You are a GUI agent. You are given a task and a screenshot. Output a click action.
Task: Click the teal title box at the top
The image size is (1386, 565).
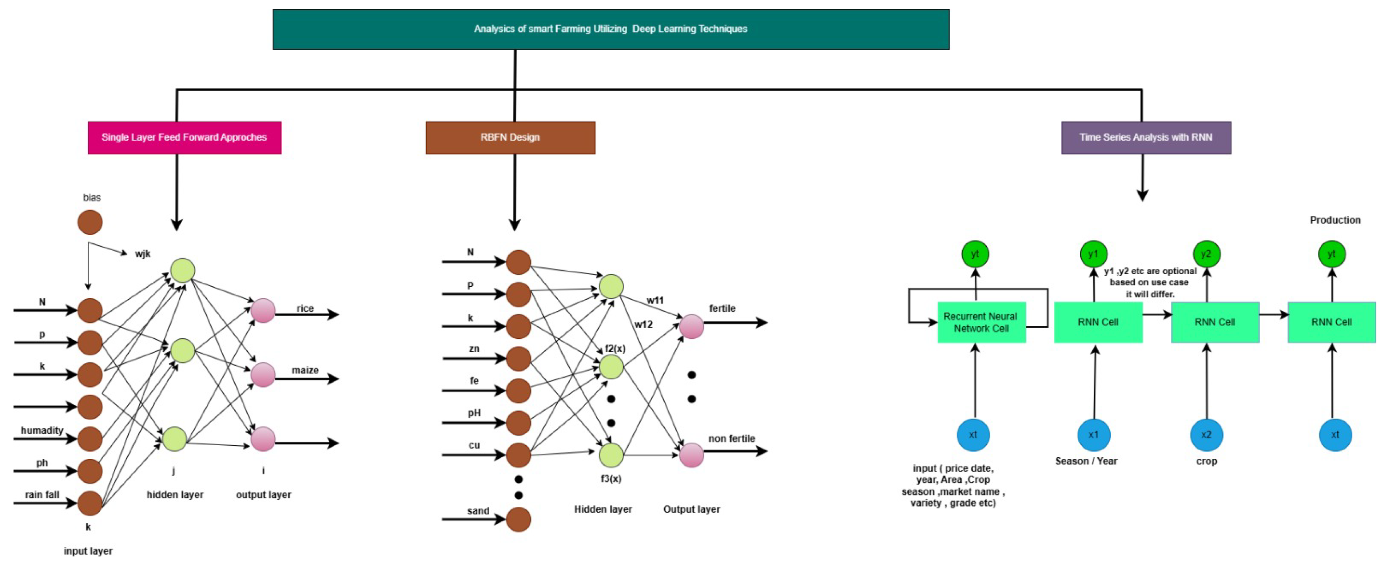point(611,29)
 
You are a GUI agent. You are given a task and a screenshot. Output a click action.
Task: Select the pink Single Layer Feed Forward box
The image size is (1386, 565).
point(184,137)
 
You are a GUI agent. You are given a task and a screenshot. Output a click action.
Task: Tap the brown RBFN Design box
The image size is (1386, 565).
point(510,137)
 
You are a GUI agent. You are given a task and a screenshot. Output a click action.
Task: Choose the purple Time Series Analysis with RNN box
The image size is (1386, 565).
point(1146,137)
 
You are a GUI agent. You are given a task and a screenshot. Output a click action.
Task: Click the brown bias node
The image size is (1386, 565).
point(90,222)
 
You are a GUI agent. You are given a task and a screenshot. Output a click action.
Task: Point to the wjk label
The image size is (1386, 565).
point(143,254)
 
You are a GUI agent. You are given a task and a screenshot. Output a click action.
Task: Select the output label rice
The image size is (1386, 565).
point(305,308)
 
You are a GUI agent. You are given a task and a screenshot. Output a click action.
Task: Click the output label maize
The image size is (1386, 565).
point(305,370)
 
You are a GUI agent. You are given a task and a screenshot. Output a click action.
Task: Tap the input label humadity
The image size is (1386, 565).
point(42,431)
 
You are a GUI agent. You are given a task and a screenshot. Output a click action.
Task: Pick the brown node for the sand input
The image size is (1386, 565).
point(519,519)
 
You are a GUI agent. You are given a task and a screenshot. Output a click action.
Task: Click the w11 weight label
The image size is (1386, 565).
point(655,300)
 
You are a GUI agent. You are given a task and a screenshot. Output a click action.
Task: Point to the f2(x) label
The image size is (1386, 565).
point(615,348)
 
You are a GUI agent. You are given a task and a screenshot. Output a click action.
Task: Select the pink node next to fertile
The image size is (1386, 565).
point(691,326)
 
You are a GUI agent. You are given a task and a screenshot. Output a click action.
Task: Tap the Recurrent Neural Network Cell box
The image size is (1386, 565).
point(981,322)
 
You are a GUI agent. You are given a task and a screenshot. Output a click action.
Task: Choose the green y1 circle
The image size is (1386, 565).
point(1093,254)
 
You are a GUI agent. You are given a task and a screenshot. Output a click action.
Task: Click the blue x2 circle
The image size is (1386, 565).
point(1206,435)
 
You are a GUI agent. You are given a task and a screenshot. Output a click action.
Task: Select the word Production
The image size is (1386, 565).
point(1335,220)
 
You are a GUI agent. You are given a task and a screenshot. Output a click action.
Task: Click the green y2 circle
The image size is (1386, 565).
point(1206,254)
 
